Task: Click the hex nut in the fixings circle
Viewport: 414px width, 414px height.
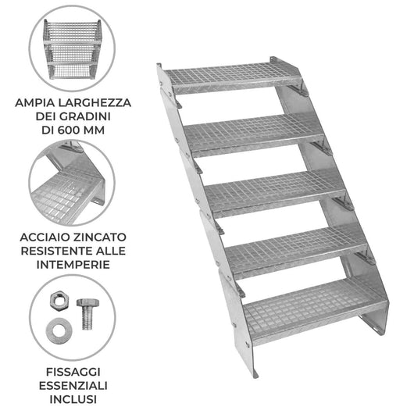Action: (x=59, y=299)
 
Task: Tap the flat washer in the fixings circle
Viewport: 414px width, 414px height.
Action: (x=59, y=331)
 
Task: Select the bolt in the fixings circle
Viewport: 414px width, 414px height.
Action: (x=87, y=314)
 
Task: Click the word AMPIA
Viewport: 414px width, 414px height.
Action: (x=35, y=102)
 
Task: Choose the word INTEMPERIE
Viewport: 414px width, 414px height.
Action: (x=73, y=265)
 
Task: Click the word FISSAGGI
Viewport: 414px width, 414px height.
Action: (x=73, y=372)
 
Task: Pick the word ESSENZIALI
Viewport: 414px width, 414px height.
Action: (x=73, y=386)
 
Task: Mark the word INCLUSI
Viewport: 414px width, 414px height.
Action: (x=73, y=399)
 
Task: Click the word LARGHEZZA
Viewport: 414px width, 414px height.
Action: (x=95, y=102)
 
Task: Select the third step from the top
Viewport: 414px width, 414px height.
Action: (x=275, y=193)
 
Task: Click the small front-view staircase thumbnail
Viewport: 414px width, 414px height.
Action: (x=73, y=49)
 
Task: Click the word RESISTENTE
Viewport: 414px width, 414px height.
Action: (x=56, y=251)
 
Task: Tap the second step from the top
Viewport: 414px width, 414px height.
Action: (x=253, y=134)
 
